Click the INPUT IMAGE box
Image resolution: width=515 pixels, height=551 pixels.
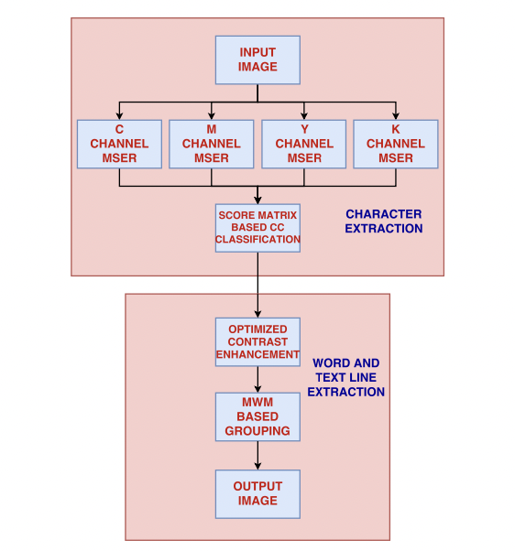tap(257, 59)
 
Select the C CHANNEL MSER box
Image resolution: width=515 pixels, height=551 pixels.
tap(119, 144)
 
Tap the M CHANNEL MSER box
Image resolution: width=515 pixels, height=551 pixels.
tap(211, 144)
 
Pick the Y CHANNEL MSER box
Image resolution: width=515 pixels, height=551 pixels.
tap(304, 144)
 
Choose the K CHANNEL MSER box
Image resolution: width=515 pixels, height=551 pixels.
tap(396, 144)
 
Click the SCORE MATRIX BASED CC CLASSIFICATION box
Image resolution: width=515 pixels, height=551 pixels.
tap(257, 228)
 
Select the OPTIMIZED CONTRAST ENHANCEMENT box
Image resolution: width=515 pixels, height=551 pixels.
tap(257, 342)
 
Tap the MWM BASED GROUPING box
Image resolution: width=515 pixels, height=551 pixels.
tap(257, 416)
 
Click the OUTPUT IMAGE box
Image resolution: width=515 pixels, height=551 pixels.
tap(257, 494)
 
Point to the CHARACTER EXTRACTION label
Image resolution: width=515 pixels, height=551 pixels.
tap(384, 221)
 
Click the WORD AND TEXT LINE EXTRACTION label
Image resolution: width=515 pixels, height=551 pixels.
tap(346, 377)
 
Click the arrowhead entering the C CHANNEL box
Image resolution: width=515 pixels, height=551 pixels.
tap(119, 116)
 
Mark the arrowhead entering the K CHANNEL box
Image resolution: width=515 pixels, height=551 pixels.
tap(396, 116)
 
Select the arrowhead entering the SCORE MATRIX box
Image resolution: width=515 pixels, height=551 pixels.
tap(257, 200)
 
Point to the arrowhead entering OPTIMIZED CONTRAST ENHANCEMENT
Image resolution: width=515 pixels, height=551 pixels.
tap(257, 314)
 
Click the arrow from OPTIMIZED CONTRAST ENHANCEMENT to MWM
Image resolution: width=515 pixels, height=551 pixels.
tap(257, 380)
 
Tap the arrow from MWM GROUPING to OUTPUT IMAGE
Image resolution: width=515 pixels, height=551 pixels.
tap(257, 456)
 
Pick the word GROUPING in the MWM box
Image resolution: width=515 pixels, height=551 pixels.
tap(257, 431)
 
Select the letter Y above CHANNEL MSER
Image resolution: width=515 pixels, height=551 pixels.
tap(304, 129)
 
